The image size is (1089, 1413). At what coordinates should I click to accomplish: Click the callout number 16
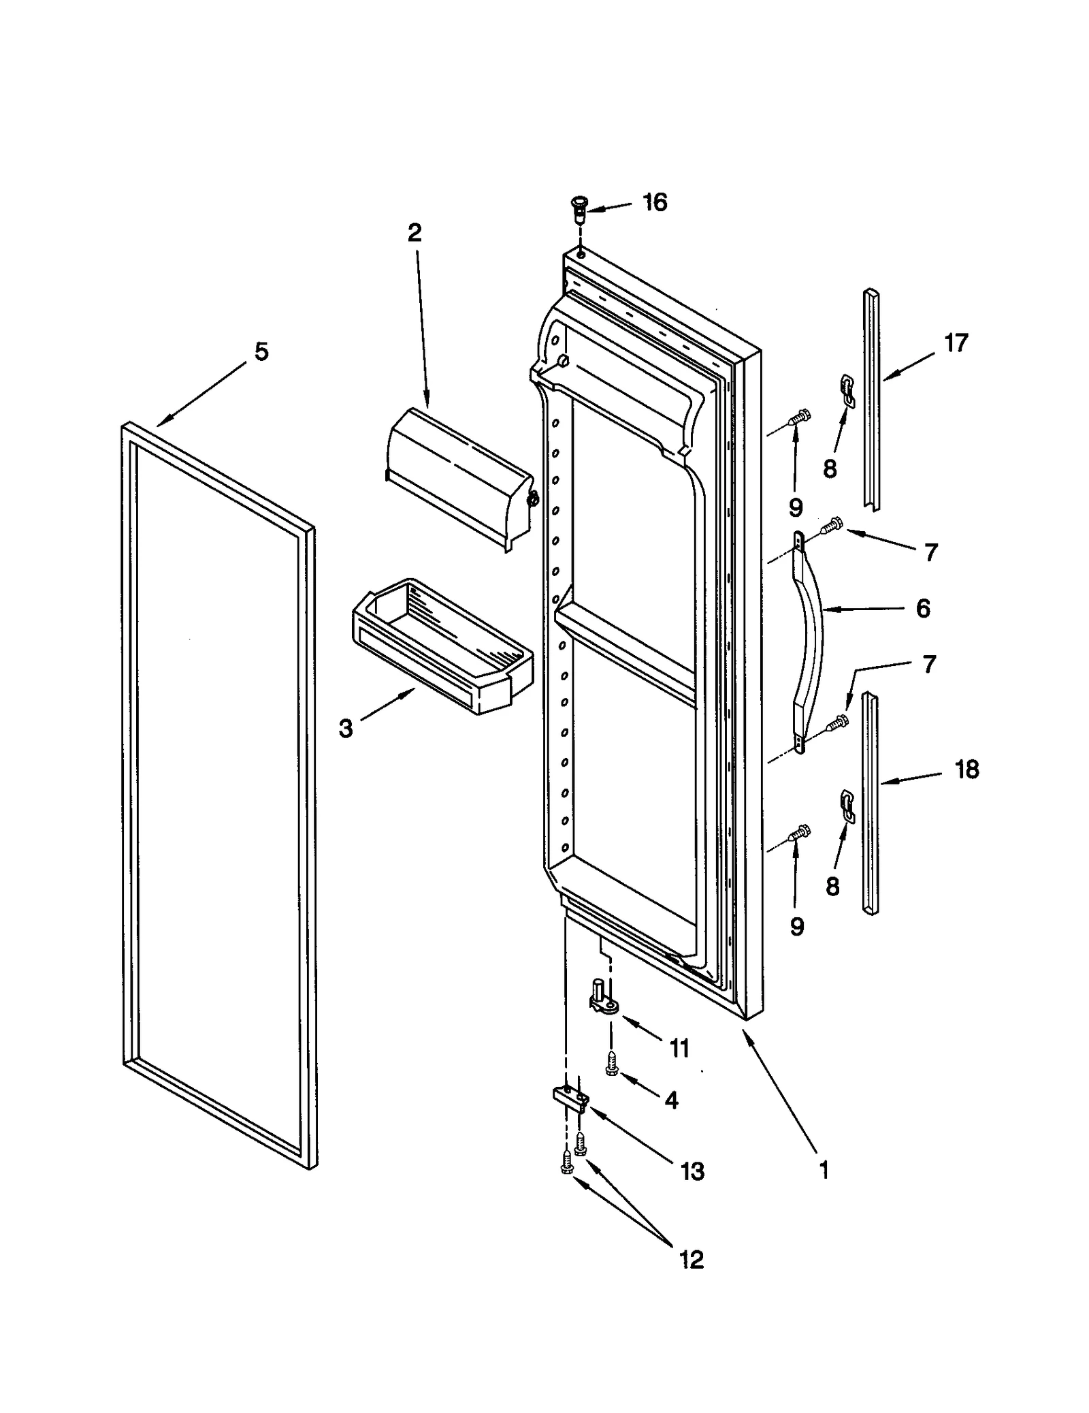654,203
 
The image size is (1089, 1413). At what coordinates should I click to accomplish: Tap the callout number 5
261,352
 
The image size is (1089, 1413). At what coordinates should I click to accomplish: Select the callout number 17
956,343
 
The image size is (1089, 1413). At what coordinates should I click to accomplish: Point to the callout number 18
966,769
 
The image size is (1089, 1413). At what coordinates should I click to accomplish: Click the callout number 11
679,1048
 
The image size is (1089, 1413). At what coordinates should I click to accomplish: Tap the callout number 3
346,729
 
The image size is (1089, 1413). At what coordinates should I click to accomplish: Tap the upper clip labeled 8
847,392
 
